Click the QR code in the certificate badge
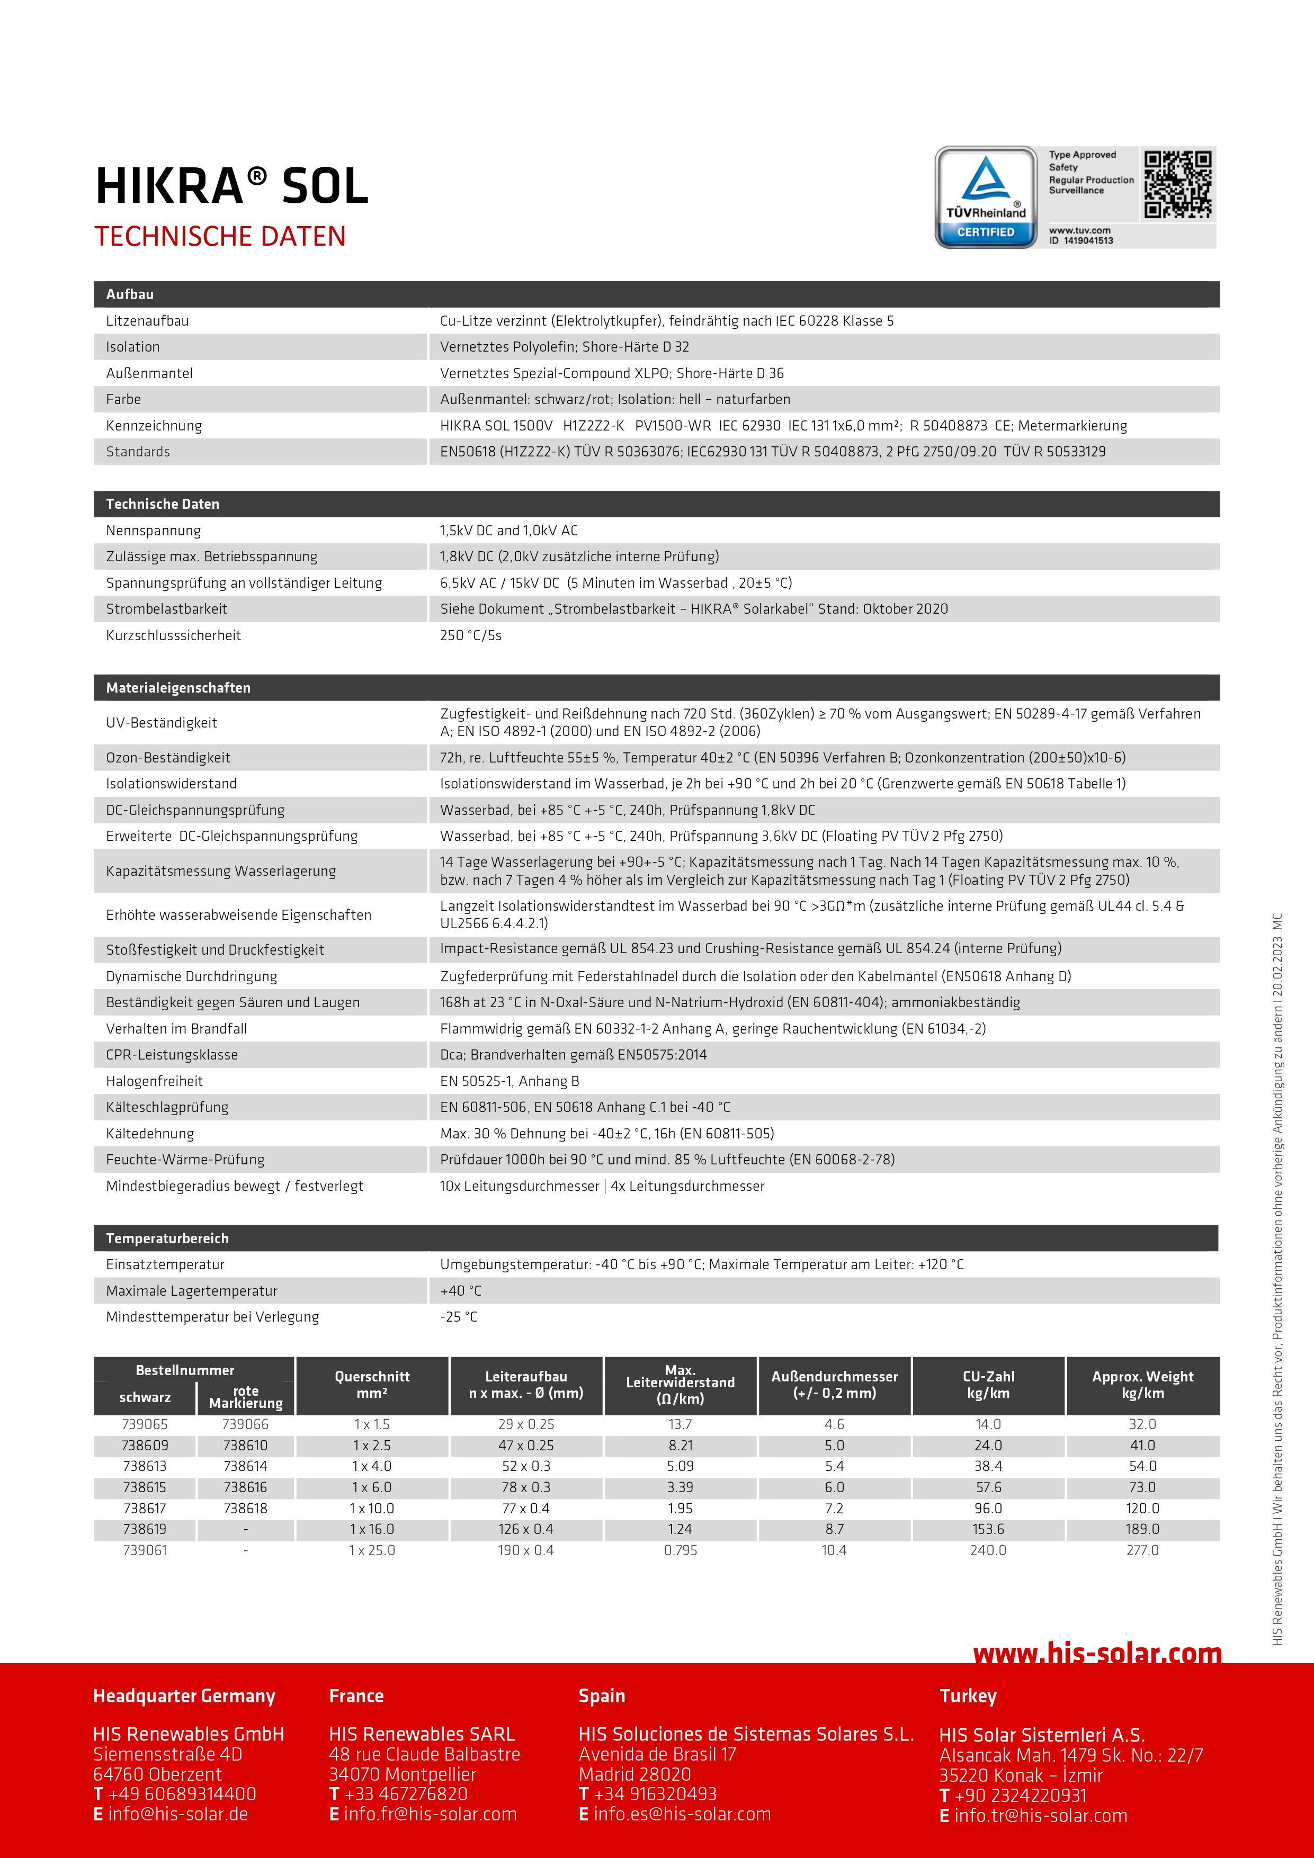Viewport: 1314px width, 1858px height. (1178, 184)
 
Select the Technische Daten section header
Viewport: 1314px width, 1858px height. (163, 504)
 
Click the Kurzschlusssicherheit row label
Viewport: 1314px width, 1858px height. (173, 635)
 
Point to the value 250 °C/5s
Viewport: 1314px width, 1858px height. (470, 635)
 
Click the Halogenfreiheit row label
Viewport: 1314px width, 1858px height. (155, 1081)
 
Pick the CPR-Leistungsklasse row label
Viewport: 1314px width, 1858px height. (172, 1054)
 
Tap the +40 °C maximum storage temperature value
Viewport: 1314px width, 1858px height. (461, 1291)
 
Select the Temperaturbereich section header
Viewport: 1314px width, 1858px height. (167, 1238)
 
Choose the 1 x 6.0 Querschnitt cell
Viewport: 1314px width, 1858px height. (372, 1487)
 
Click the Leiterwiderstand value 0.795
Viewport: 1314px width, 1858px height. (680, 1550)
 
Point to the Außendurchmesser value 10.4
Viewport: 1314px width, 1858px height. (834, 1550)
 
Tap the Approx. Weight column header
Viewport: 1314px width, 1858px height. (1142, 1385)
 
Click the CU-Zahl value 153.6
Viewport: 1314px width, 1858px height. (988, 1530)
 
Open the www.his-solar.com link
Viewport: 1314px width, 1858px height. (1096, 1654)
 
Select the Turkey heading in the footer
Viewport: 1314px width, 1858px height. (968, 1696)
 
